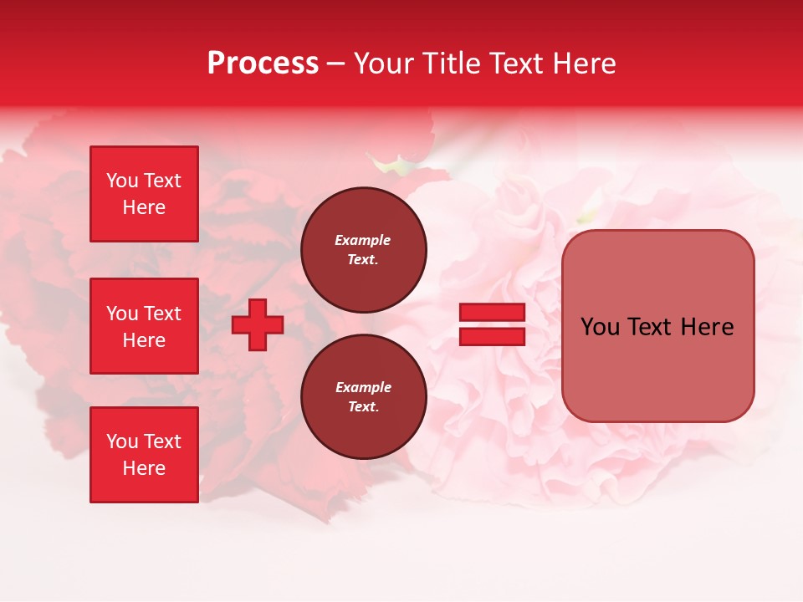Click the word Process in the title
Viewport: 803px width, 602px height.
click(263, 64)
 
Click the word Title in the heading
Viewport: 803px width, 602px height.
click(448, 64)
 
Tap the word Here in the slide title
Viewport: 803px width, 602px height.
click(582, 64)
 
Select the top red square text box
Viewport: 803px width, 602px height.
click(144, 194)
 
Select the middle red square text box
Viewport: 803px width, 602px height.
click(144, 326)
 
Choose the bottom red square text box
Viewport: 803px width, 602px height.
click(144, 455)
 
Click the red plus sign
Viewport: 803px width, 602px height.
click(258, 324)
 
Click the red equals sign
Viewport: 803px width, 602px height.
click(492, 324)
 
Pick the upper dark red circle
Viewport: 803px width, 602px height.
click(364, 250)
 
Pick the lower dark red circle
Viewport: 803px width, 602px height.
click(364, 397)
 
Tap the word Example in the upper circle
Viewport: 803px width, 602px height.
click(363, 240)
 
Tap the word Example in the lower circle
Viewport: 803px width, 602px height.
click(363, 387)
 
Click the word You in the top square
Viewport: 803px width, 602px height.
click(122, 181)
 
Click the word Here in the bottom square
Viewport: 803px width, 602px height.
click(144, 468)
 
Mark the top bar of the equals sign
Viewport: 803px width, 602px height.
click(492, 313)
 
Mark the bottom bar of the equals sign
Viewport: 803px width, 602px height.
click(492, 337)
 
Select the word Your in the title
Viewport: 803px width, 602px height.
click(383, 64)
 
